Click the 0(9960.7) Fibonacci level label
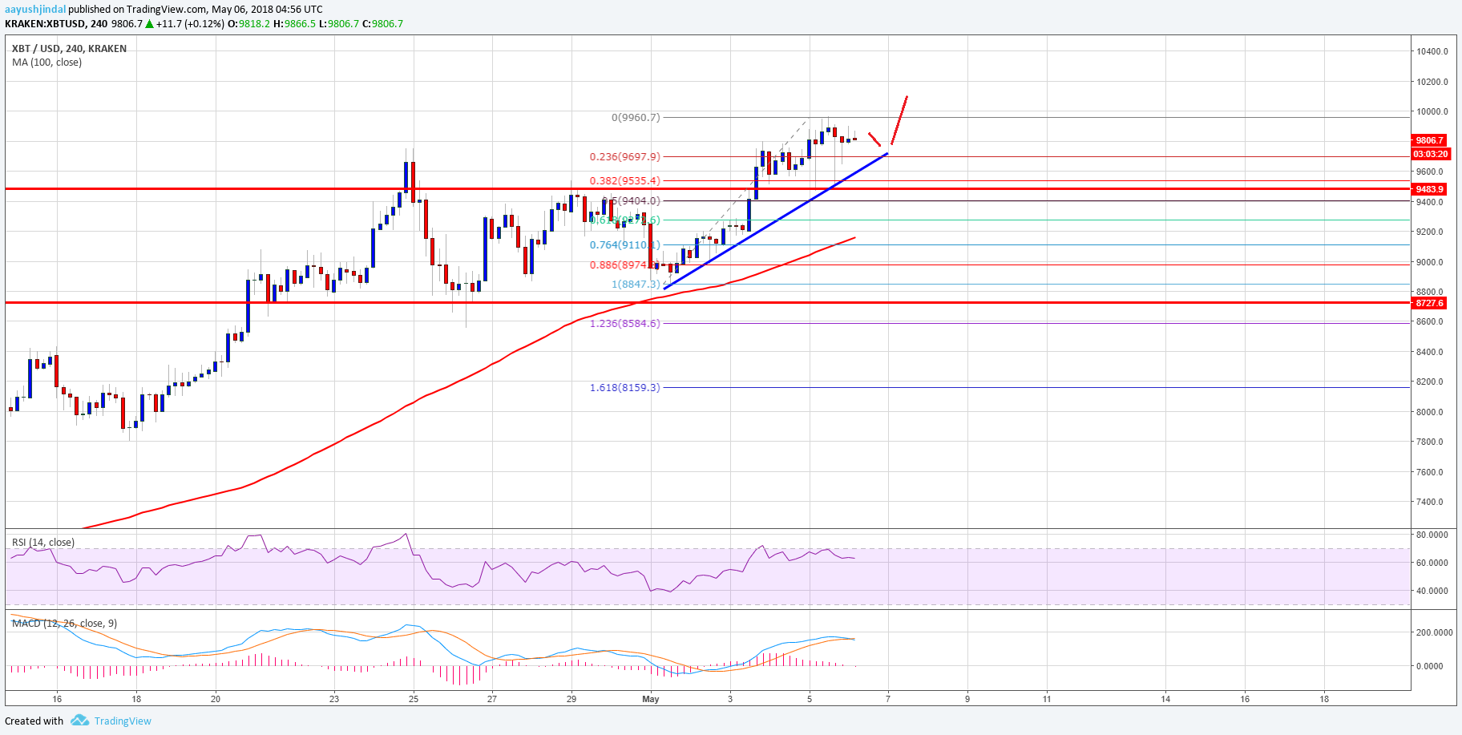pos(636,117)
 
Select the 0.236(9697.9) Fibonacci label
pos(624,157)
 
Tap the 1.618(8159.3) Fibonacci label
pos(624,387)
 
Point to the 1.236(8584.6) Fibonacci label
pos(624,323)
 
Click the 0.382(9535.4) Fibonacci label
pos(624,181)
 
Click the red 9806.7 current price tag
pos(1429,139)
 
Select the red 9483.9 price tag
pos(1429,189)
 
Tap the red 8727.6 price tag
pos(1429,303)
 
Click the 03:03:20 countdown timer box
pos(1430,154)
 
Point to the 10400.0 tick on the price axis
pos(1432,51)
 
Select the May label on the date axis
pos(650,699)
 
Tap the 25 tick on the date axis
pos(413,699)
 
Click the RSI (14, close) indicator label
pos(43,543)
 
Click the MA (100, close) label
pos(46,62)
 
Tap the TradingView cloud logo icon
pos(79,721)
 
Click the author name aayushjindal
pos(34,10)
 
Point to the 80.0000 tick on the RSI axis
pos(1432,535)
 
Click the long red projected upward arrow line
pos(899,120)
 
